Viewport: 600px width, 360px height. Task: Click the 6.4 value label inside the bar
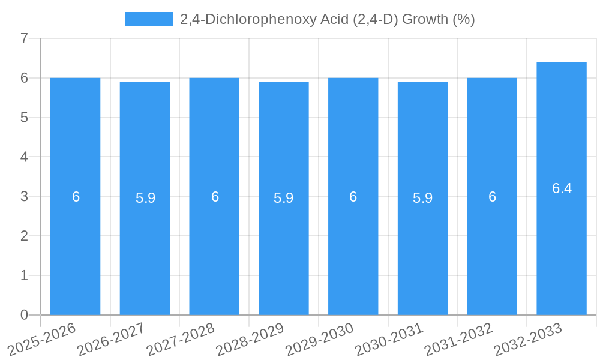[x=562, y=188]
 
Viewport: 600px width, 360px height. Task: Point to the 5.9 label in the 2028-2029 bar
[x=283, y=198]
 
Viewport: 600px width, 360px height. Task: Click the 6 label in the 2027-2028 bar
[x=214, y=197]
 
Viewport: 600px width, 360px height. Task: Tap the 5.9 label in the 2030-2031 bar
[x=422, y=198]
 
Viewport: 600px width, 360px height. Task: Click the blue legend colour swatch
[x=148, y=19]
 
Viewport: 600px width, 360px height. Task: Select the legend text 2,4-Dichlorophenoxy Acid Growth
[x=327, y=19]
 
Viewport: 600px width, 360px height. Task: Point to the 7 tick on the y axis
[x=24, y=38]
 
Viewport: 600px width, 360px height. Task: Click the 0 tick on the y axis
[x=24, y=315]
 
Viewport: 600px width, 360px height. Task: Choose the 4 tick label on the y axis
[x=24, y=157]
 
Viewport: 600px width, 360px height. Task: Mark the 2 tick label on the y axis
[x=24, y=236]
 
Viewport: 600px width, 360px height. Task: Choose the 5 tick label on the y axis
[x=24, y=118]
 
